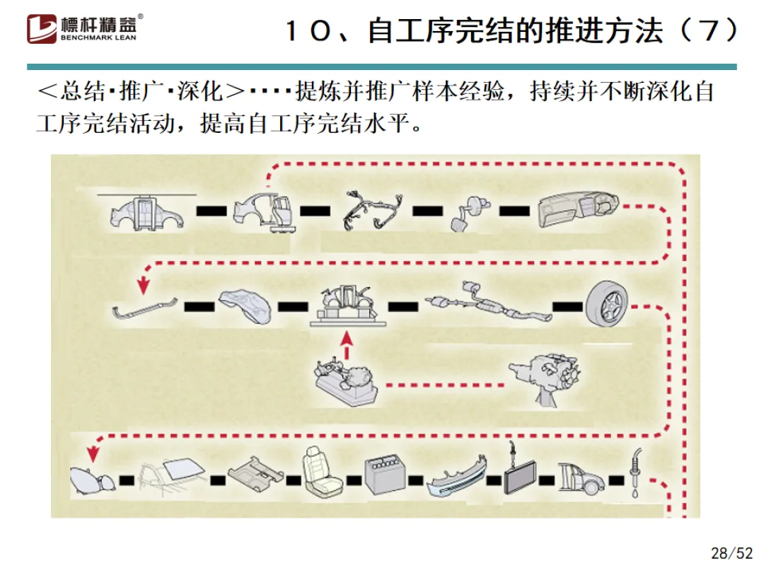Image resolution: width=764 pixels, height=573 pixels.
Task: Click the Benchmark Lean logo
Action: coord(85,28)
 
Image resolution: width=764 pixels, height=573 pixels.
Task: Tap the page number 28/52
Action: coord(731,552)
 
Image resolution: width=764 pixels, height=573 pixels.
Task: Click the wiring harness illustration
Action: coord(372,209)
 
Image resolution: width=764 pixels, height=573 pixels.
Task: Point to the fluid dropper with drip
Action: coord(637,470)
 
